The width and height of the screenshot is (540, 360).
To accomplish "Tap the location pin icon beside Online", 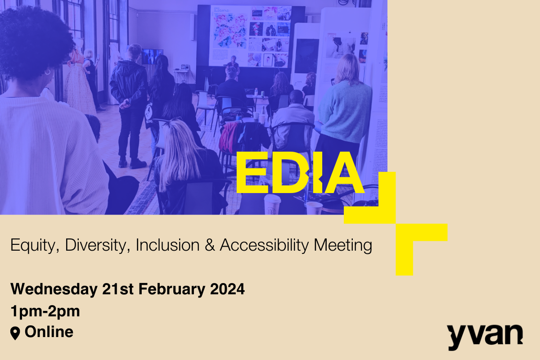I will pos(15,333).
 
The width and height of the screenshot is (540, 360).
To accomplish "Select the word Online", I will pos(49,332).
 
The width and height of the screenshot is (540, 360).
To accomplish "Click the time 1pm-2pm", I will pos(45,311).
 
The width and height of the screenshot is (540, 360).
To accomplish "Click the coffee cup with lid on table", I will pos(272,205).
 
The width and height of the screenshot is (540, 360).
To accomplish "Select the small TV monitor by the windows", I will pos(151,56).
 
